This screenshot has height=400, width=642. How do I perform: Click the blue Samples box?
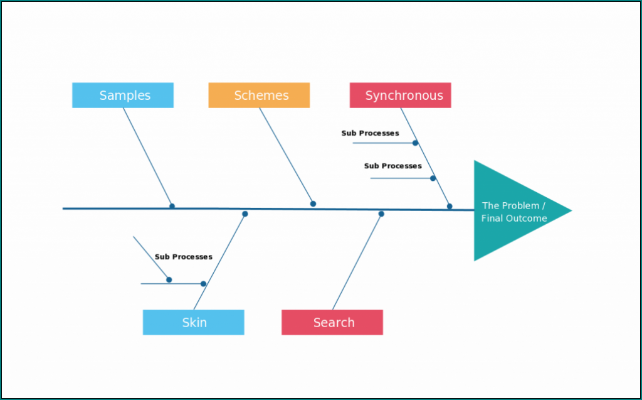click(123, 95)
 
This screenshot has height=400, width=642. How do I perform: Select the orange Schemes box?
click(259, 95)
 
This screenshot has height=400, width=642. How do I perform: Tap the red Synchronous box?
click(400, 95)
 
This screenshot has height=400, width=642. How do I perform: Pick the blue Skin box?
click(193, 323)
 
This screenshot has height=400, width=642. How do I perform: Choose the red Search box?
click(332, 323)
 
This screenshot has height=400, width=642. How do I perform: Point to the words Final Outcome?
click(514, 219)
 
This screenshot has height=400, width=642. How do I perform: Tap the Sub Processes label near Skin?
click(184, 257)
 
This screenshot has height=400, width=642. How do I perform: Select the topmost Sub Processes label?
click(370, 133)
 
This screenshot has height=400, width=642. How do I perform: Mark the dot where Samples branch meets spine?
click(172, 206)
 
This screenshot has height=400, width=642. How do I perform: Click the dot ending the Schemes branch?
click(313, 203)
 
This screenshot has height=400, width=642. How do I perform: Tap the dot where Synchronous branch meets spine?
click(450, 206)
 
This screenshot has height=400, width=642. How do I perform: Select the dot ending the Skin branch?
click(245, 214)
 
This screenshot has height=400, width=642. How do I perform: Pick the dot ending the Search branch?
click(381, 214)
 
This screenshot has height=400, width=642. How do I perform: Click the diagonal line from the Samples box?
click(147, 157)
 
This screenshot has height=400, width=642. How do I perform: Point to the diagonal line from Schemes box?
click(286, 156)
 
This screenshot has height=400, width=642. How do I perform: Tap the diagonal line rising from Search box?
click(356, 262)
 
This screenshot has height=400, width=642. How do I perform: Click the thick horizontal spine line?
click(113, 208)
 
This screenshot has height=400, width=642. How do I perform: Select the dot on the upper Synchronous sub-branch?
click(415, 143)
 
